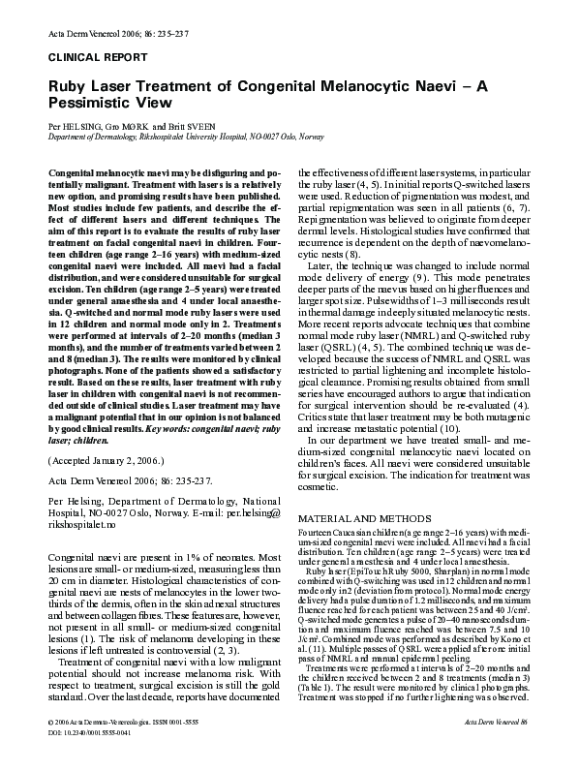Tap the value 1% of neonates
193,558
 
